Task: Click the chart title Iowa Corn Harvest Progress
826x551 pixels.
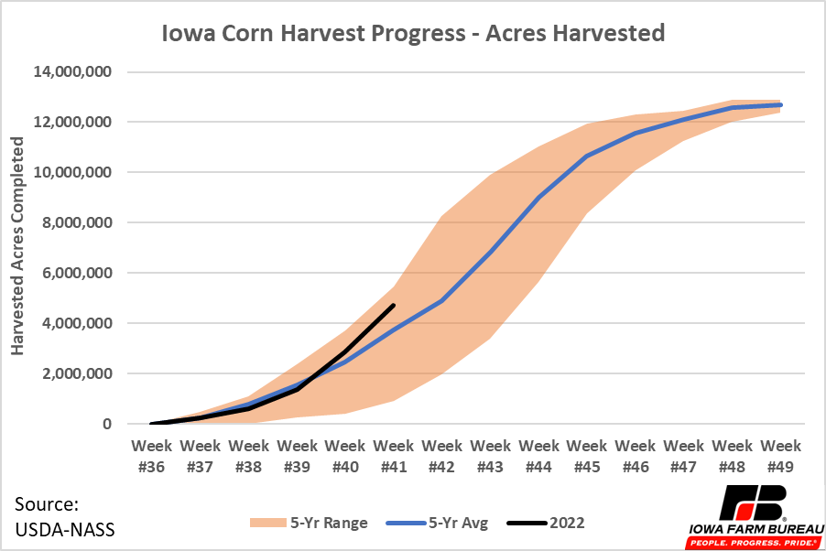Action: click(x=412, y=34)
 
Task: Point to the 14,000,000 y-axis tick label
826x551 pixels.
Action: click(x=74, y=71)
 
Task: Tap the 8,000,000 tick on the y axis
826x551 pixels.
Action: click(x=78, y=222)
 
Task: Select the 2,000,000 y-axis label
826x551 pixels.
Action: click(x=78, y=373)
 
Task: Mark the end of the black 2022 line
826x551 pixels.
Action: click(x=394, y=305)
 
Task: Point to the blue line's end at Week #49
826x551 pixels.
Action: click(x=781, y=105)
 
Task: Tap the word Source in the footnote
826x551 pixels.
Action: click(x=47, y=504)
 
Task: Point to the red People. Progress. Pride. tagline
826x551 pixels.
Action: click(x=753, y=542)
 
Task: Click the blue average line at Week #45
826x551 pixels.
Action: click(x=587, y=156)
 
